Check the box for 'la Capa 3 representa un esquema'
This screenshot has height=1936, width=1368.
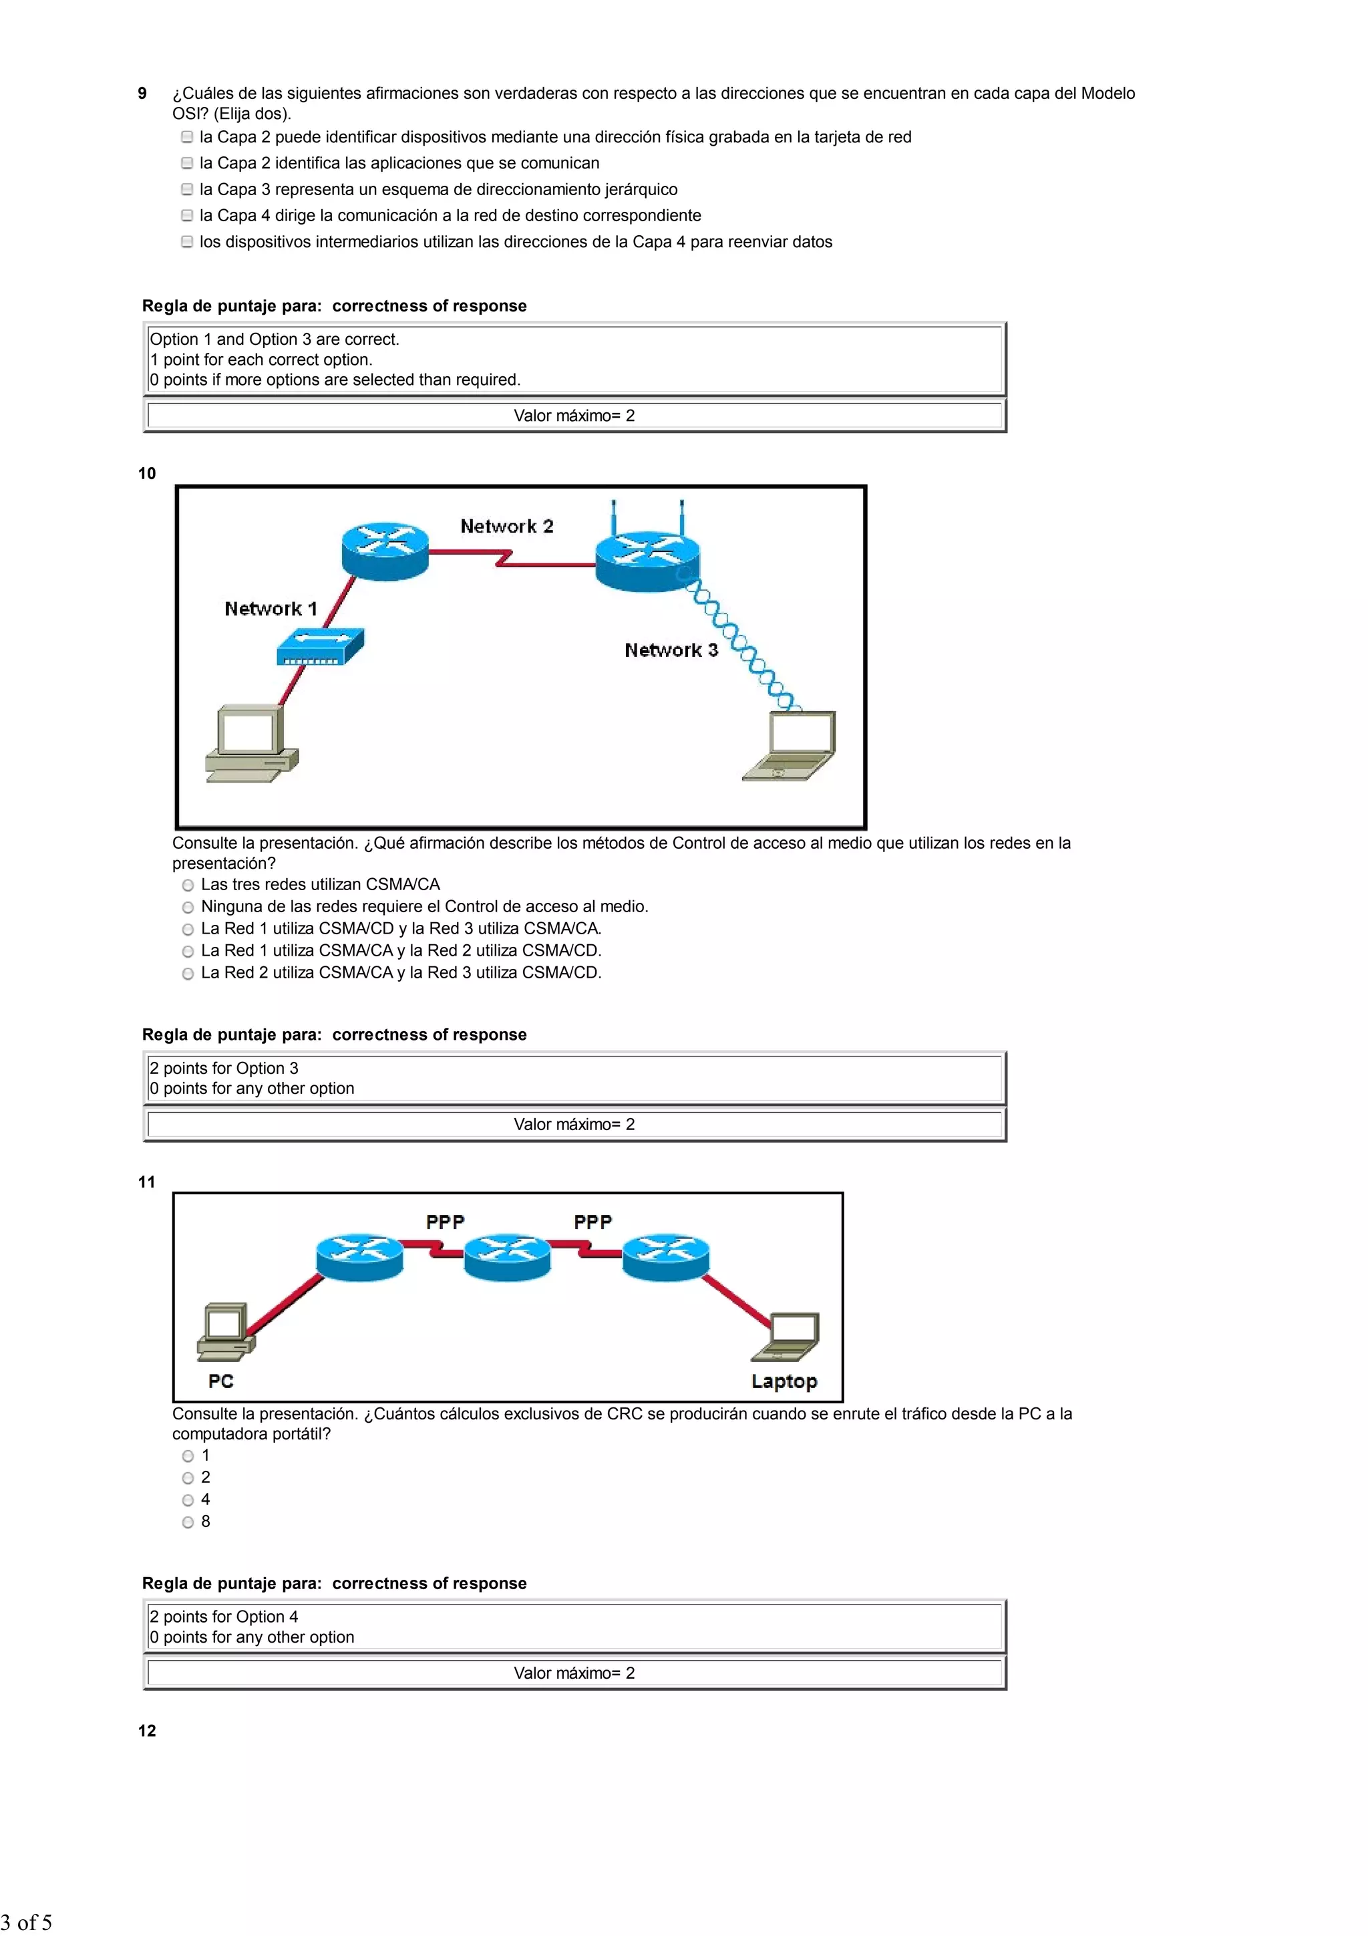point(187,190)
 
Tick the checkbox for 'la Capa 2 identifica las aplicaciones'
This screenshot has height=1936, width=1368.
point(187,164)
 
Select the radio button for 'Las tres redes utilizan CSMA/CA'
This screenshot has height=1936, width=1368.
point(188,885)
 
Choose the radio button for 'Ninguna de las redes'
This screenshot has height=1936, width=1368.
point(188,908)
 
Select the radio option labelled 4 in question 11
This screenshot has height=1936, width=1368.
point(188,1500)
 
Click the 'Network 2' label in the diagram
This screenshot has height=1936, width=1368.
point(506,526)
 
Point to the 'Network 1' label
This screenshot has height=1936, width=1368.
point(271,609)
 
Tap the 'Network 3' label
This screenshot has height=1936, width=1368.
point(671,650)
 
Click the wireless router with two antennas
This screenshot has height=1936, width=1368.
point(647,557)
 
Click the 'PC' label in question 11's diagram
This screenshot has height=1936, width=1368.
point(221,1381)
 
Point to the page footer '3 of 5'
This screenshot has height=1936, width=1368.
point(27,1923)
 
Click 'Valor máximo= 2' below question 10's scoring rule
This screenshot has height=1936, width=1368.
point(574,1124)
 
